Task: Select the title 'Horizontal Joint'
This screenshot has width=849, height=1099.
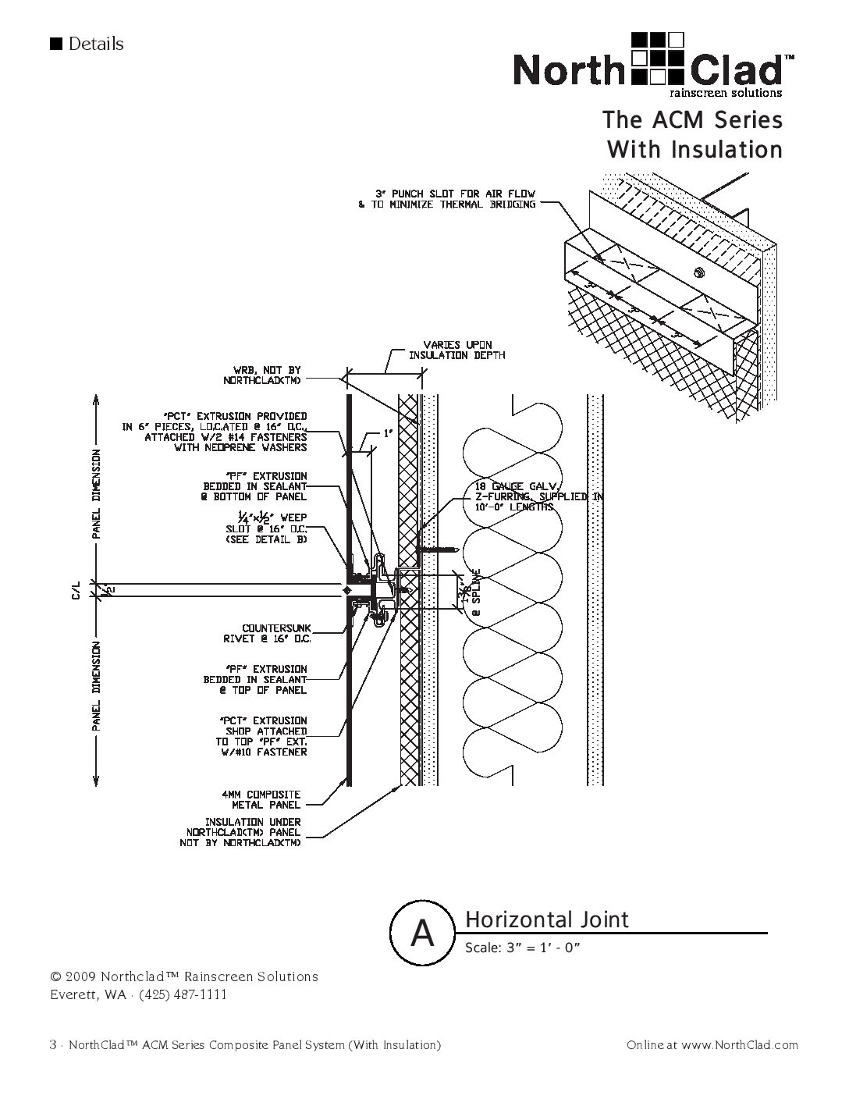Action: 546,919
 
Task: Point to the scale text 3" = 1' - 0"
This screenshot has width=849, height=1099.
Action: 524,948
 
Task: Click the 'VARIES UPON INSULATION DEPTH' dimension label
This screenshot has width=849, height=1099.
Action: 457,350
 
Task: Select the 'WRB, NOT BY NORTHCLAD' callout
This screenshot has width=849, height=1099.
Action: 267,375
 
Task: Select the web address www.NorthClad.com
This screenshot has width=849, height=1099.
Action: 739,1045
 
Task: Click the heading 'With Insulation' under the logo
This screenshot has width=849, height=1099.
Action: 694,149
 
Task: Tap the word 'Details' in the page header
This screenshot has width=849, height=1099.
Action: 95,44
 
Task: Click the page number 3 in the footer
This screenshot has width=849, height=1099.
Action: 52,1045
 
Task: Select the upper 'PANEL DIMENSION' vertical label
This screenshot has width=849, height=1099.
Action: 96,494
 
